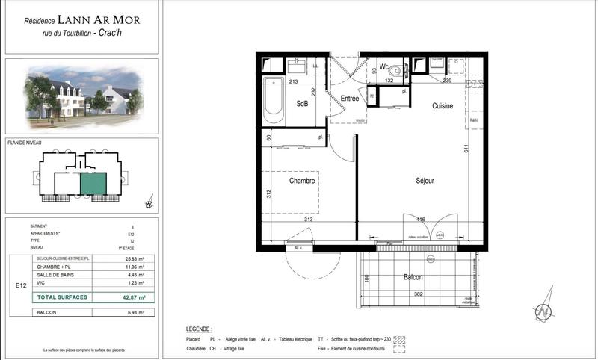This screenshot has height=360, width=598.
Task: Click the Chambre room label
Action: click(x=302, y=180)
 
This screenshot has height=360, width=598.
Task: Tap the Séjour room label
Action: click(x=425, y=181)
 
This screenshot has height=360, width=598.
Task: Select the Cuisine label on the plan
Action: click(x=443, y=106)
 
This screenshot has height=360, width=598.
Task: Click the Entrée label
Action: click(x=350, y=99)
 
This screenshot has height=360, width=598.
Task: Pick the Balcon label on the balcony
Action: click(x=413, y=278)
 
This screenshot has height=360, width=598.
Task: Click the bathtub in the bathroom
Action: click(x=274, y=102)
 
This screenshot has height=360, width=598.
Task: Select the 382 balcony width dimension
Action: click(x=419, y=295)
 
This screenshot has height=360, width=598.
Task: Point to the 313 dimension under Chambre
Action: click(x=308, y=220)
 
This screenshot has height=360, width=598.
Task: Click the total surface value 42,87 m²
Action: click(x=133, y=297)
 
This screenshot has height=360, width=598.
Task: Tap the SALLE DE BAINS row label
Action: click(x=53, y=274)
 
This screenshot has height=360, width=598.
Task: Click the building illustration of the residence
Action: click(x=81, y=96)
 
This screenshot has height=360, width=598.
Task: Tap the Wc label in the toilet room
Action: click(x=383, y=66)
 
